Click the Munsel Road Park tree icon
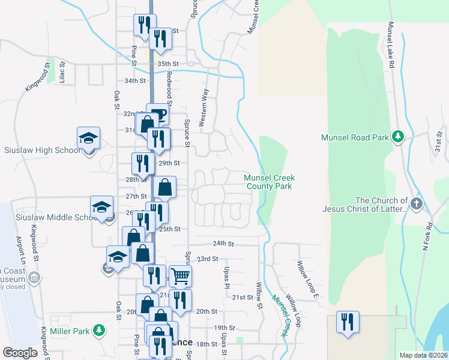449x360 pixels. [397, 137]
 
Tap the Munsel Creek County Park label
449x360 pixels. [268, 182]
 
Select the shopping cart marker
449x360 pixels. [179, 276]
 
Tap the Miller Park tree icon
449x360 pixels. [101, 331]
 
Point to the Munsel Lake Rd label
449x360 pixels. [391, 45]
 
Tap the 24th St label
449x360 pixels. [223, 244]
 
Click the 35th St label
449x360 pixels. [168, 64]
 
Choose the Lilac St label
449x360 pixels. [61, 72]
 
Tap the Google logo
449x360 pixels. [20, 353]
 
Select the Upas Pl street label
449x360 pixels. [227, 277]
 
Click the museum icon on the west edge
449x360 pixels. [34, 277]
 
